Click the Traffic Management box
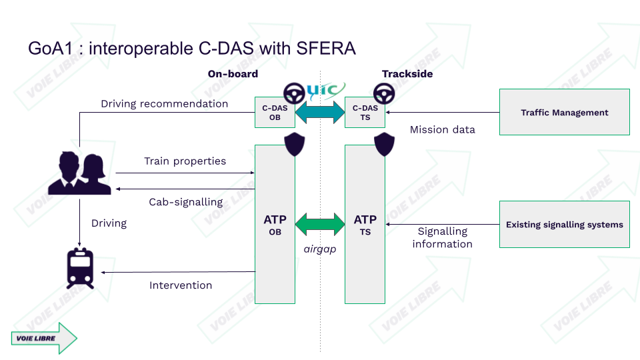[564, 112]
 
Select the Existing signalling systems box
[564, 225]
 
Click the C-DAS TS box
[365, 113]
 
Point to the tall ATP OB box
[275, 224]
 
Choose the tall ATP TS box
[365, 224]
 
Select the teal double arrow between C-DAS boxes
[319, 110]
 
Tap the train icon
[80, 268]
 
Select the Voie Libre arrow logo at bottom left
[44, 338]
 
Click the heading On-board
[233, 74]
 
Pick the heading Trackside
[407, 74]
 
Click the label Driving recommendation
[164, 104]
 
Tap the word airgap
[319, 248]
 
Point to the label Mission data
[442, 129]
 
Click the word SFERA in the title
[327, 49]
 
